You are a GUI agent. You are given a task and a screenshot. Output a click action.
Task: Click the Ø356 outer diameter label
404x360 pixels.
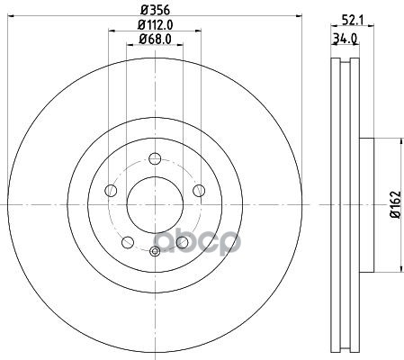point(156,10)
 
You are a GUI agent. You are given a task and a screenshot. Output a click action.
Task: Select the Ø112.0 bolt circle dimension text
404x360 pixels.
point(155,24)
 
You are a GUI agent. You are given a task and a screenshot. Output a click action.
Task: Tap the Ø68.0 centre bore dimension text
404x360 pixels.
point(155,39)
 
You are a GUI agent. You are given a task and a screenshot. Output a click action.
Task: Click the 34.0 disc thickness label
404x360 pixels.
point(345,39)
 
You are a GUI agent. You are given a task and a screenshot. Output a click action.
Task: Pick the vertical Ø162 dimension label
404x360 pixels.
point(395,204)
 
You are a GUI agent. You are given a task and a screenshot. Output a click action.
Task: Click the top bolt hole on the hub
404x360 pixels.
point(155,158)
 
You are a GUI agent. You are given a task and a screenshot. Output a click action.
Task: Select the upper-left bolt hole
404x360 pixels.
point(111,191)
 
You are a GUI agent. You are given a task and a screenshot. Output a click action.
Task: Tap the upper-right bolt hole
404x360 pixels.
point(199,191)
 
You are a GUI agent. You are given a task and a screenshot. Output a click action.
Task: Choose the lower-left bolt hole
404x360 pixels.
point(128,242)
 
